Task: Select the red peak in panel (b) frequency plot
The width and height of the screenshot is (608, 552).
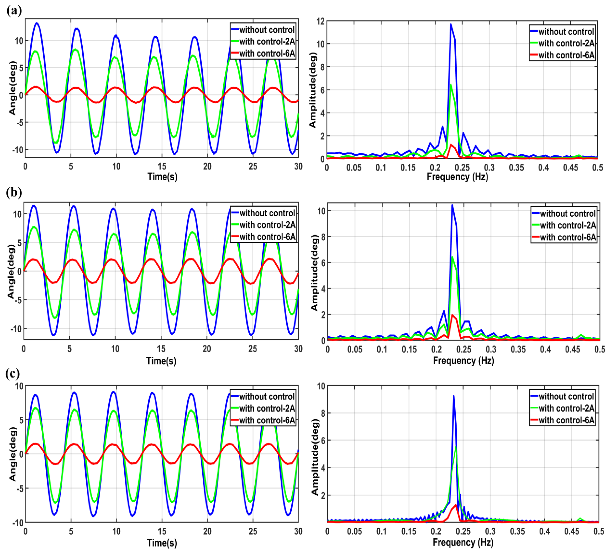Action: point(452,315)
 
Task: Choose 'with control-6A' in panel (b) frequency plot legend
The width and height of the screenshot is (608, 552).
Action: point(568,237)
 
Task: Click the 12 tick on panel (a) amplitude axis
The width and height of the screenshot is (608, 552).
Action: point(321,21)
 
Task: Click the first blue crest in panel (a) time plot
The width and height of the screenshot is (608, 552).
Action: point(36,23)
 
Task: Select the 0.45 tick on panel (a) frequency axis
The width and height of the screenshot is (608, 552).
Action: point(570,167)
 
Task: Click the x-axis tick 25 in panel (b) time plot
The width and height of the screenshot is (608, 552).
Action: point(252,349)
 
